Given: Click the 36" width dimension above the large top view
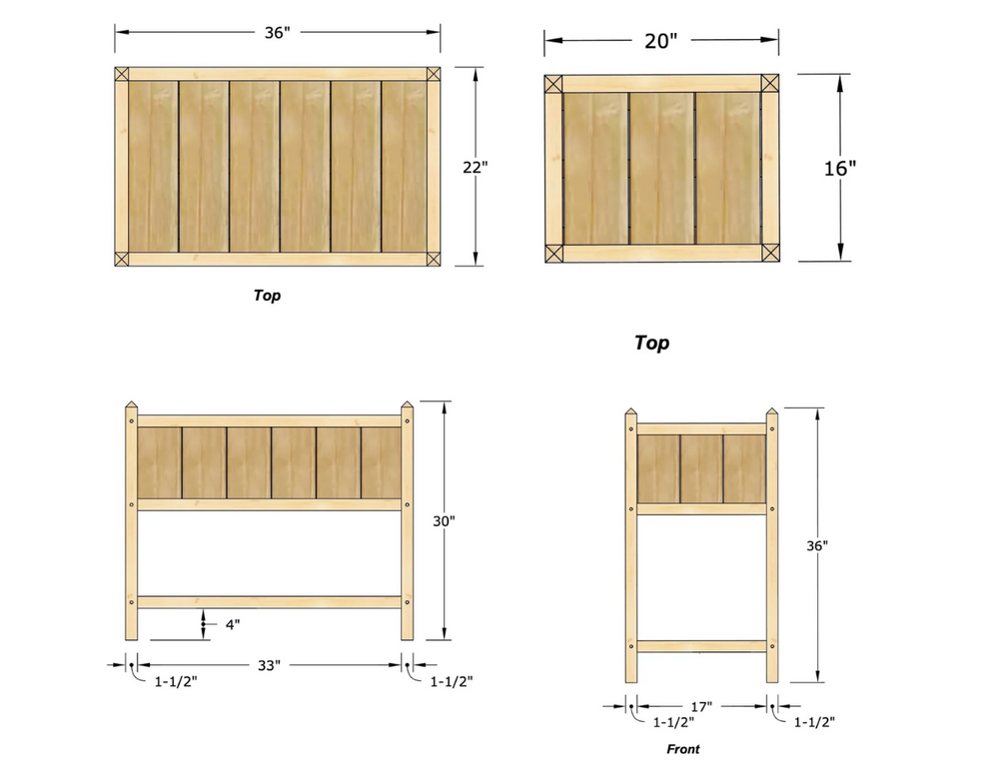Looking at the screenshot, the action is [x=278, y=33].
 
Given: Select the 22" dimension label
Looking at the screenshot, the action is [x=476, y=167].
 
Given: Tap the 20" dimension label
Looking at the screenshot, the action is [x=660, y=41].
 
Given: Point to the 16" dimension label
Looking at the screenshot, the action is [x=840, y=169].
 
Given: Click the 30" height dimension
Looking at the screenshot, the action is [x=444, y=521].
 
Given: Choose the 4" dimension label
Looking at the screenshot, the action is [x=233, y=624].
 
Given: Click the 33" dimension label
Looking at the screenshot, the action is [x=269, y=665].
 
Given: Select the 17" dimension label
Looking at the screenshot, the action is [x=701, y=706].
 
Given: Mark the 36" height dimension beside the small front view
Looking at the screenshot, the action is [x=817, y=546].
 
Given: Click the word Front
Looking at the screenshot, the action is [x=683, y=749].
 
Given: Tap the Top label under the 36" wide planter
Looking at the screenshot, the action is [x=267, y=295].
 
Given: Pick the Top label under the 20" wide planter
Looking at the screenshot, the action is [x=651, y=343].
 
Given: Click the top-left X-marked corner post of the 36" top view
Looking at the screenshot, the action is [x=122, y=74].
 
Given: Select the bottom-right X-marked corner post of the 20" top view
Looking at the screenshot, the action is [x=769, y=253].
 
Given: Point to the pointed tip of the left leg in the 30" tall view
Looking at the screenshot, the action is [x=131, y=401].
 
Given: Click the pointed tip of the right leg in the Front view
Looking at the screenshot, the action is [x=772, y=408].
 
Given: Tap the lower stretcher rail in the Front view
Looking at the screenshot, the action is [x=701, y=646].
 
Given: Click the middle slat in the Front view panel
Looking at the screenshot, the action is [x=701, y=469].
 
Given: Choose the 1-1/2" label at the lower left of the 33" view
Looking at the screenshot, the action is [x=176, y=682].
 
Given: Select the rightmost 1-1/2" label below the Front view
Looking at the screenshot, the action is [x=814, y=722].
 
